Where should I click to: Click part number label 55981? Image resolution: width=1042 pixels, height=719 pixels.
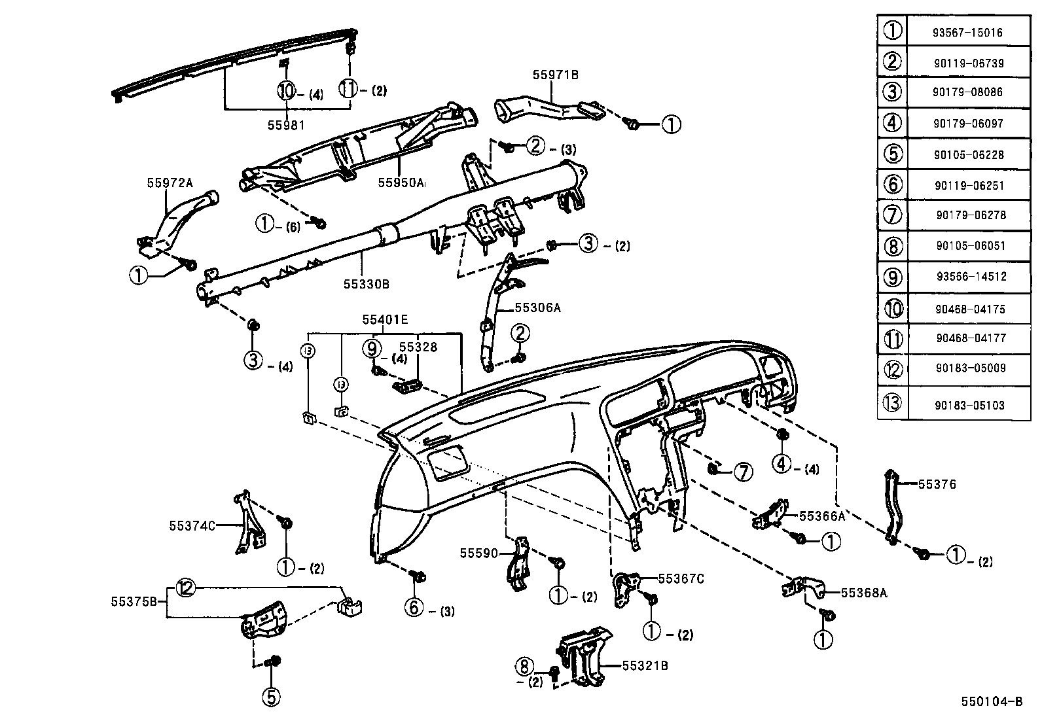pyautogui.click(x=286, y=125)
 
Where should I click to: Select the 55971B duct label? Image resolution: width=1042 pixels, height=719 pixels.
pyautogui.click(x=555, y=75)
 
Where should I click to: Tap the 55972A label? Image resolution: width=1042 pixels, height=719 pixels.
pyautogui.click(x=170, y=183)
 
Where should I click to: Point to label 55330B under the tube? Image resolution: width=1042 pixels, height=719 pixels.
pyautogui.click(x=367, y=285)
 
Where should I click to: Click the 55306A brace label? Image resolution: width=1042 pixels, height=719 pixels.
pyautogui.click(x=538, y=307)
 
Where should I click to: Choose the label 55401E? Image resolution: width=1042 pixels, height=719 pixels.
pyautogui.click(x=385, y=319)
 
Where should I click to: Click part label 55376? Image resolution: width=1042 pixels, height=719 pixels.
pyautogui.click(x=937, y=485)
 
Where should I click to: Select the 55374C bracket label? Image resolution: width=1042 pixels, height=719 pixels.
pyautogui.click(x=192, y=525)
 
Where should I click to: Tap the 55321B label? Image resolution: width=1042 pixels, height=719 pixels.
pyautogui.click(x=645, y=666)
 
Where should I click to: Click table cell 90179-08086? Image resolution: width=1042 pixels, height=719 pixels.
pyautogui.click(x=967, y=92)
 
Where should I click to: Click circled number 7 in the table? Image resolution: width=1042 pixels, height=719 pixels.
pyautogui.click(x=892, y=215)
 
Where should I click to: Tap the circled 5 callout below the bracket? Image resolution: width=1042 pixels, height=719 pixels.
pyautogui.click(x=271, y=697)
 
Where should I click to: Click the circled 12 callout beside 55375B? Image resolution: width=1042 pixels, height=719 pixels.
pyautogui.click(x=186, y=588)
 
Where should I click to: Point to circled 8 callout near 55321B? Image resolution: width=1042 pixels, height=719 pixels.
pyautogui.click(x=524, y=667)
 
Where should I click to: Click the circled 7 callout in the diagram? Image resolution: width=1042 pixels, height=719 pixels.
pyautogui.click(x=743, y=472)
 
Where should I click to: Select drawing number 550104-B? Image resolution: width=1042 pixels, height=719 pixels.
pyautogui.click(x=991, y=701)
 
